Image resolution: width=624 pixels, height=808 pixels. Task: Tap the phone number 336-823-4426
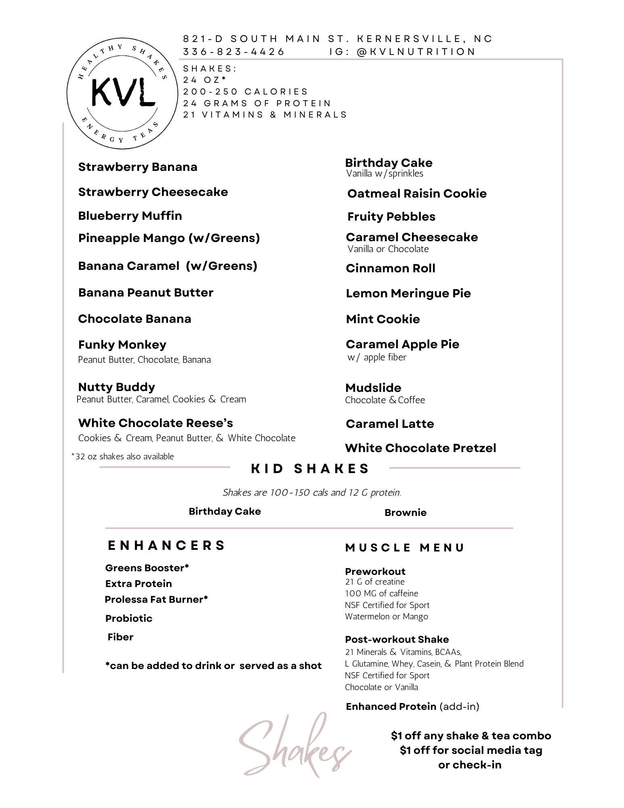pos(234,52)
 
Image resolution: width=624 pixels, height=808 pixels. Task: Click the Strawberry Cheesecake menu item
pos(153,192)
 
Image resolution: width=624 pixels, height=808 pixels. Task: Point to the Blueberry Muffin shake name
pos(130,216)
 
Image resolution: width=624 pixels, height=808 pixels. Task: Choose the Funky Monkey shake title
pos(122,345)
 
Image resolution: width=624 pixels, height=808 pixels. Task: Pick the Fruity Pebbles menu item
pos(391,217)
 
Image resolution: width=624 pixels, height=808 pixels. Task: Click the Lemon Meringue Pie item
pos(408,293)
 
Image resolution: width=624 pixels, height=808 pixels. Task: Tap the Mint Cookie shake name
pos(382,319)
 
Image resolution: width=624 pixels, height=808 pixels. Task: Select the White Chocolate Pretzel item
pos(420,448)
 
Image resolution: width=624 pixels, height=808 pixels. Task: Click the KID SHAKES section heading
pos(310,469)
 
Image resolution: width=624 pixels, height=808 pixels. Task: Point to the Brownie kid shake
pos(405,513)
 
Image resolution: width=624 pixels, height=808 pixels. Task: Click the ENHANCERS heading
pos(166,545)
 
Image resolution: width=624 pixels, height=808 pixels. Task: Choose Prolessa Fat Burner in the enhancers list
pos(156,599)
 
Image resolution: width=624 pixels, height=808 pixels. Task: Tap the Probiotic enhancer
pos(128,618)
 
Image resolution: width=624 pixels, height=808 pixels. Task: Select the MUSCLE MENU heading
pos(405,548)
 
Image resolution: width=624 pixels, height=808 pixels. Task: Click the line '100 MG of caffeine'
pos(381,593)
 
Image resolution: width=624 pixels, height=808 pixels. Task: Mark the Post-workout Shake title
pos(397,640)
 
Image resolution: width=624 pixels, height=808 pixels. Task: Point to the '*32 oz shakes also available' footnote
pos(122,457)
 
